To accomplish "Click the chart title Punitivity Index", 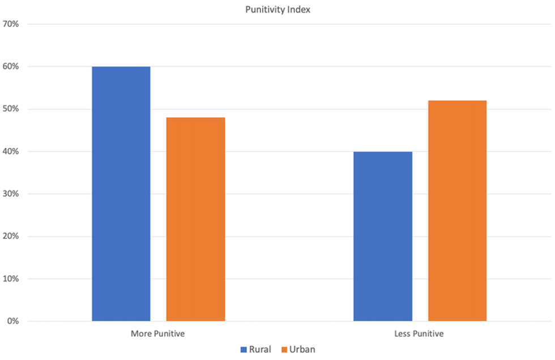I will click(277, 10).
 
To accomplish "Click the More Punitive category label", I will click(158, 334).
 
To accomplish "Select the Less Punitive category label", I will click(419, 334).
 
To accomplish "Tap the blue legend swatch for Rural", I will click(244, 350).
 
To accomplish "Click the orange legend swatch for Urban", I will click(284, 350).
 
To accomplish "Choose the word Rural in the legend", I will click(260, 350).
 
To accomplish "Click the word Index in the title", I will click(298, 10).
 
